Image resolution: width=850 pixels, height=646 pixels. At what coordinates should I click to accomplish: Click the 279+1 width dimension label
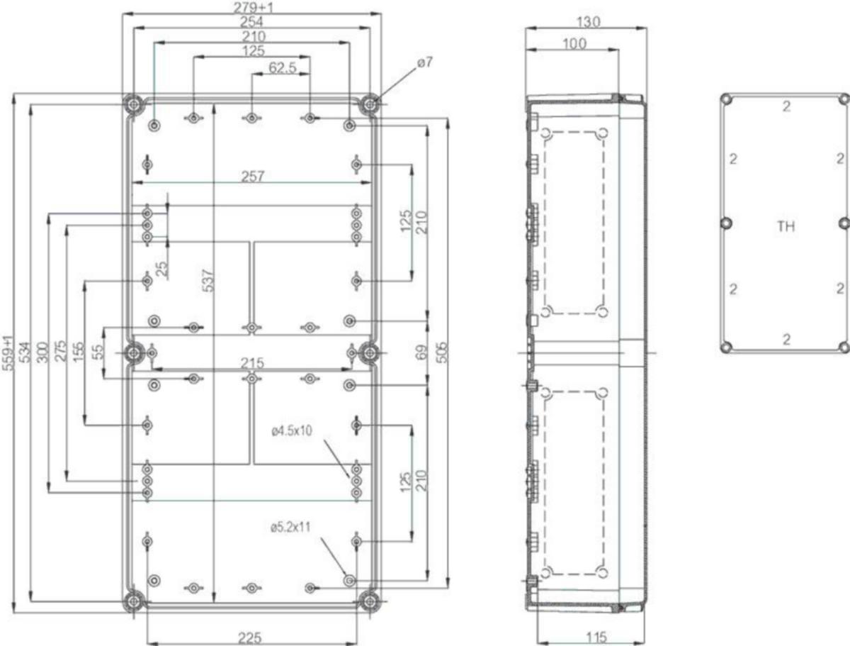(x=253, y=7)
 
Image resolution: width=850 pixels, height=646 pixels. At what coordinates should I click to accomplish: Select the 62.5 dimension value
(x=283, y=68)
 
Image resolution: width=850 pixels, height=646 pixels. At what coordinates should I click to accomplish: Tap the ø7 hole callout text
(x=425, y=62)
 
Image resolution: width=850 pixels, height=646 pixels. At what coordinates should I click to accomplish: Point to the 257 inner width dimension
(x=252, y=177)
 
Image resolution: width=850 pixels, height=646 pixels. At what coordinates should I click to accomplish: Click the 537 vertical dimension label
(x=208, y=281)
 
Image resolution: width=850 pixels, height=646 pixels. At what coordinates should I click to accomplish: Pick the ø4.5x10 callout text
(x=292, y=431)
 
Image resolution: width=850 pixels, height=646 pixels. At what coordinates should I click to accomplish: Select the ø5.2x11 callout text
(x=290, y=527)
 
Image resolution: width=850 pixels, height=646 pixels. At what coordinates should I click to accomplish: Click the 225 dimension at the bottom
(x=250, y=638)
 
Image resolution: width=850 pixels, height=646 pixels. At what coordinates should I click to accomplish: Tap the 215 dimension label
(x=252, y=363)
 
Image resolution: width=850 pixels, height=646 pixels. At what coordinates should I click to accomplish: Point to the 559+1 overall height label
(x=8, y=352)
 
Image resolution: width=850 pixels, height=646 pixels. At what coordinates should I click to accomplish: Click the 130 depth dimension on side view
(x=589, y=22)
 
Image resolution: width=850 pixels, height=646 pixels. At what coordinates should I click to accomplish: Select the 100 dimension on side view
(x=574, y=44)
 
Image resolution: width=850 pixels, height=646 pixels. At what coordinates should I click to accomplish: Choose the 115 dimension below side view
(x=596, y=637)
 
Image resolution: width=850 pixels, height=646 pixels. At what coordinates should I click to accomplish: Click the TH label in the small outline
(x=786, y=226)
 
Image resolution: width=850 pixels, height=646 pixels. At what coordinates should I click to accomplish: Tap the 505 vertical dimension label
(x=442, y=352)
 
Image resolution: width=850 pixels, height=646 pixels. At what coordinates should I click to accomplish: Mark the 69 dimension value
(x=422, y=352)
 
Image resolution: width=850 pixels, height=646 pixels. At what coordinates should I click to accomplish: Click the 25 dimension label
(x=163, y=269)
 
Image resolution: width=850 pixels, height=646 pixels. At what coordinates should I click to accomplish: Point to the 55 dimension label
(x=99, y=351)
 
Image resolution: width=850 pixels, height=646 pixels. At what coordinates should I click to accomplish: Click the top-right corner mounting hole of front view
(x=370, y=104)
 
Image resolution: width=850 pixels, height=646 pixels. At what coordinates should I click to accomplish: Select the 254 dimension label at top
(x=251, y=22)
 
